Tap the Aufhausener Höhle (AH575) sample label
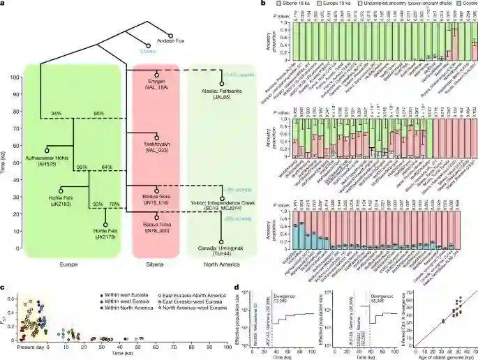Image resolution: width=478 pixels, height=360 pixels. click(47, 160)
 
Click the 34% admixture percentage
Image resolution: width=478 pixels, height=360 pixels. click(47, 114)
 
